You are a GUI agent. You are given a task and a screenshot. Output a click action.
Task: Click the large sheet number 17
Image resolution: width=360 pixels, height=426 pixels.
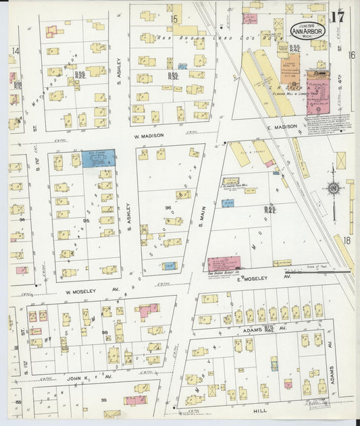coord(337,18)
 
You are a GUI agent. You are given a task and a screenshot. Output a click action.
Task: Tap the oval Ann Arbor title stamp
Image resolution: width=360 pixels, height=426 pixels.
coord(307,31)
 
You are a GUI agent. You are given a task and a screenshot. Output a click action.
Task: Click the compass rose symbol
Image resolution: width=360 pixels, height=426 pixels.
coord(333,189)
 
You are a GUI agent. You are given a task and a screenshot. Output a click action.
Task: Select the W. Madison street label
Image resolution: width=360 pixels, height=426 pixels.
coord(149,134)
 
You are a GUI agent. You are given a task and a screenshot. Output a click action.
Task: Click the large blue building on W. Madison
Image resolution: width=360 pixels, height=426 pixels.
coord(98,158)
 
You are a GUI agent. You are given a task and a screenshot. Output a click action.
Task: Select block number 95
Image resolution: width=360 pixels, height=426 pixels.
coord(86,221)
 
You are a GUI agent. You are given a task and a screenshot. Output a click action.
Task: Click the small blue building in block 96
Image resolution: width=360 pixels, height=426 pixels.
coord(169,265)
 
